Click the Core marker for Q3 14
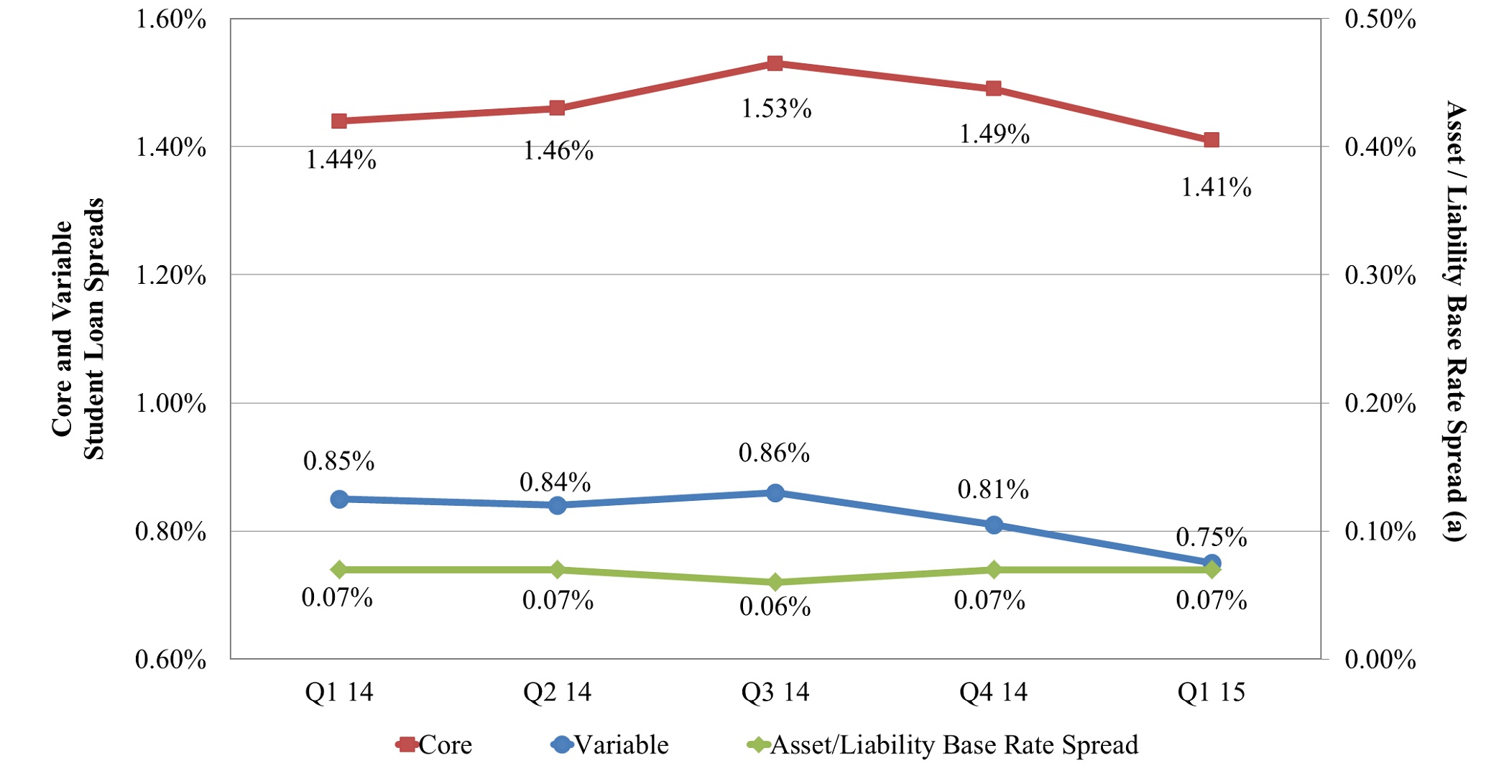pyautogui.click(x=775, y=63)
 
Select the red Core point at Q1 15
pyautogui.click(x=1212, y=140)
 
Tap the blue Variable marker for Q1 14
pyautogui.click(x=339, y=499)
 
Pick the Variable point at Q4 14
pyautogui.click(x=994, y=525)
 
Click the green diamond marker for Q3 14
pyautogui.click(x=775, y=582)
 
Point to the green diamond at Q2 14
pyautogui.click(x=557, y=570)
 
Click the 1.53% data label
pyautogui.click(x=776, y=109)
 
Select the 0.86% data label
pyautogui.click(x=774, y=453)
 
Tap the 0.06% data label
pyautogui.click(x=775, y=607)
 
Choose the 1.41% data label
pyautogui.click(x=1216, y=188)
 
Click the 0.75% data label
pyautogui.click(x=1211, y=537)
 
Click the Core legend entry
pyautogui.click(x=434, y=745)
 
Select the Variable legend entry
pyautogui.click(x=610, y=745)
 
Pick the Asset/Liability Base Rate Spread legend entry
pyautogui.click(x=943, y=745)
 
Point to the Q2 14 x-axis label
pyautogui.click(x=557, y=692)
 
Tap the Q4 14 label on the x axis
pyautogui.click(x=993, y=692)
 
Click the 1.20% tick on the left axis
pyautogui.click(x=171, y=275)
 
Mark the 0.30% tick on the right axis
pyautogui.click(x=1380, y=275)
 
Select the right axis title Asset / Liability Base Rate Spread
pyautogui.click(x=1455, y=320)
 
